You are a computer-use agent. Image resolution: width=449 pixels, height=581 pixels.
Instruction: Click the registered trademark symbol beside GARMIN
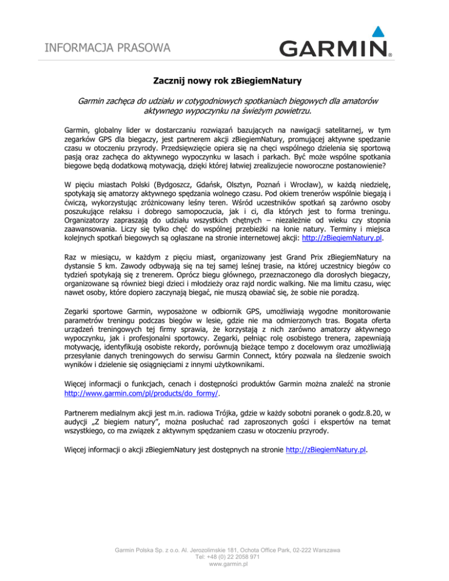[x=389, y=57]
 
